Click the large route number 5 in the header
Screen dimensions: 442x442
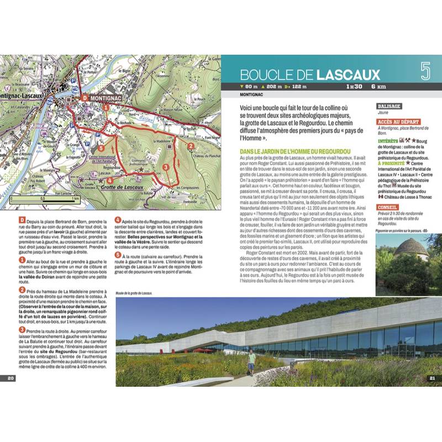[425, 71]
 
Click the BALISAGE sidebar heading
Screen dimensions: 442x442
[389, 106]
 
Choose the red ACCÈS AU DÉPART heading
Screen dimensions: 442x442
[397, 122]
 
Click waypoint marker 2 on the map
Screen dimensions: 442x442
[190, 146]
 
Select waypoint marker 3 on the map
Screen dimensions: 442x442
[165, 167]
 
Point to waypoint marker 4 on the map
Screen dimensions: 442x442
[110, 180]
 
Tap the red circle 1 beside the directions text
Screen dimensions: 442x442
[22, 259]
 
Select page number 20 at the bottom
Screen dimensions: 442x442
[10, 378]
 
